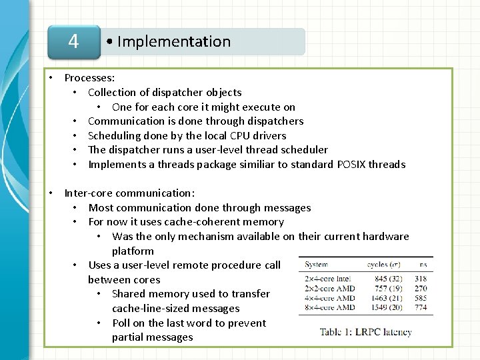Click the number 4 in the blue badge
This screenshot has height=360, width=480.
(x=73, y=41)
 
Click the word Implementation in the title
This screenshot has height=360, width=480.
(x=174, y=41)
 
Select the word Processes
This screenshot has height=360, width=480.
(x=89, y=78)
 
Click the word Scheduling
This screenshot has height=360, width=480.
(x=115, y=135)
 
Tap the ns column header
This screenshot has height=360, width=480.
(x=423, y=265)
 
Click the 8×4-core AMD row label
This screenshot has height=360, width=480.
(x=329, y=308)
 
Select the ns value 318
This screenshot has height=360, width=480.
(x=420, y=279)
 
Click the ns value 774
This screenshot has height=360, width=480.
(x=420, y=308)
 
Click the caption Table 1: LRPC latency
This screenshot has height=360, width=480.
(x=365, y=331)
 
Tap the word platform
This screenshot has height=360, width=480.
(x=133, y=251)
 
